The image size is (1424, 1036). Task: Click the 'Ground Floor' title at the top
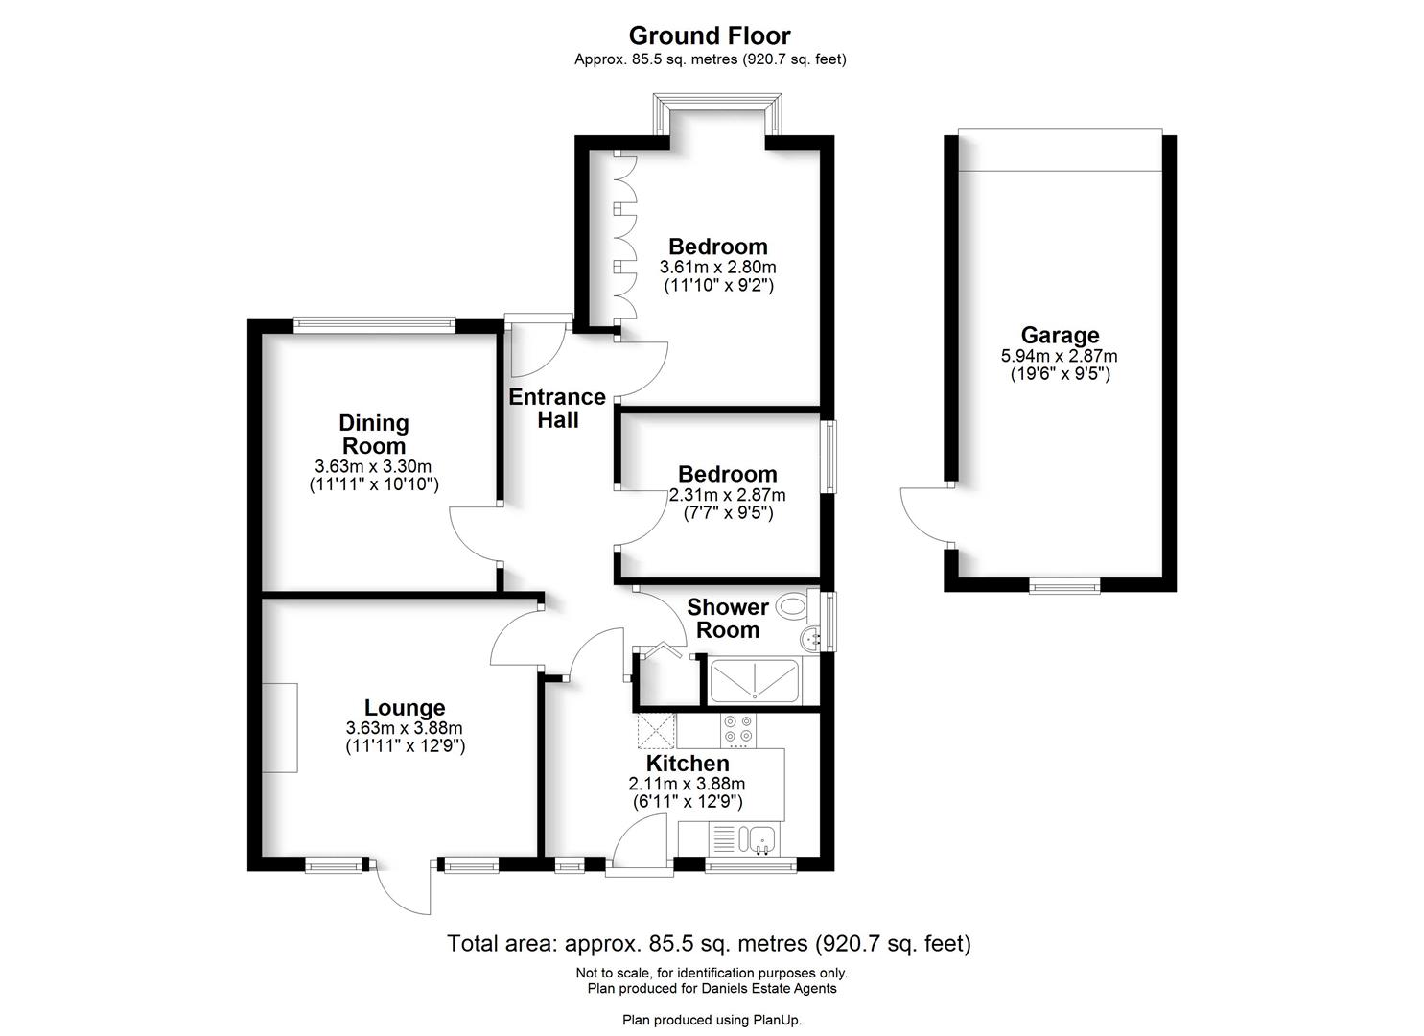[710, 35]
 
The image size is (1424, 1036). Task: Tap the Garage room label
[1059, 335]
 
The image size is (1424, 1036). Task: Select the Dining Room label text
[374, 434]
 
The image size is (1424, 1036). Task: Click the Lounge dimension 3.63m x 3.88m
[405, 728]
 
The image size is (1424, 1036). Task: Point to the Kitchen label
[688, 764]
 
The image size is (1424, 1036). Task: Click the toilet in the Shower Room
[792, 605]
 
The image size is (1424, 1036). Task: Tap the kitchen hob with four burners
[738, 730]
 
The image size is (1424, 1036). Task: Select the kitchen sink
[761, 838]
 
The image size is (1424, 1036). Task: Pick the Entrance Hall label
[557, 408]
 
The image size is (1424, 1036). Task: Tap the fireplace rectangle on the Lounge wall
[282, 726]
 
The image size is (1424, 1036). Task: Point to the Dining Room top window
[374, 324]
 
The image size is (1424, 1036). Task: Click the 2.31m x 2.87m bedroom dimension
[727, 495]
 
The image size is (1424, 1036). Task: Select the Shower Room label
[728, 619]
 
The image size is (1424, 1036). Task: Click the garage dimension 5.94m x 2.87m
[1059, 356]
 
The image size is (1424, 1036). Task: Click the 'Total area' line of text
[709, 944]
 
